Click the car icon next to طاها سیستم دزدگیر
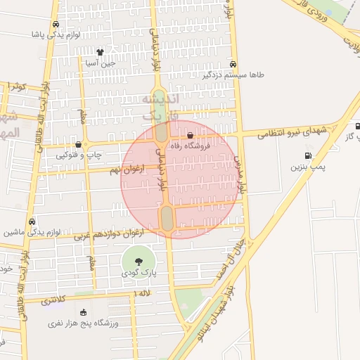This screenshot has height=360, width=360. (224, 64)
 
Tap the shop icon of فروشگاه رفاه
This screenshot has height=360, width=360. (191, 136)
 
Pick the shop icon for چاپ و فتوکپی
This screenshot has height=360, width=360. (77, 145)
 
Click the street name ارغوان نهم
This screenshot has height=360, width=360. (126, 170)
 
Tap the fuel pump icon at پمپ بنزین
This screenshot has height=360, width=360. (307, 156)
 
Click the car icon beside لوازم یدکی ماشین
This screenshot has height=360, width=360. (33, 220)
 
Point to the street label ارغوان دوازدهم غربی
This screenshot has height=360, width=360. (108, 233)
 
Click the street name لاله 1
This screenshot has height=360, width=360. (141, 292)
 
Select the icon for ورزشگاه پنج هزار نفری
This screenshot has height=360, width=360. (84, 312)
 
